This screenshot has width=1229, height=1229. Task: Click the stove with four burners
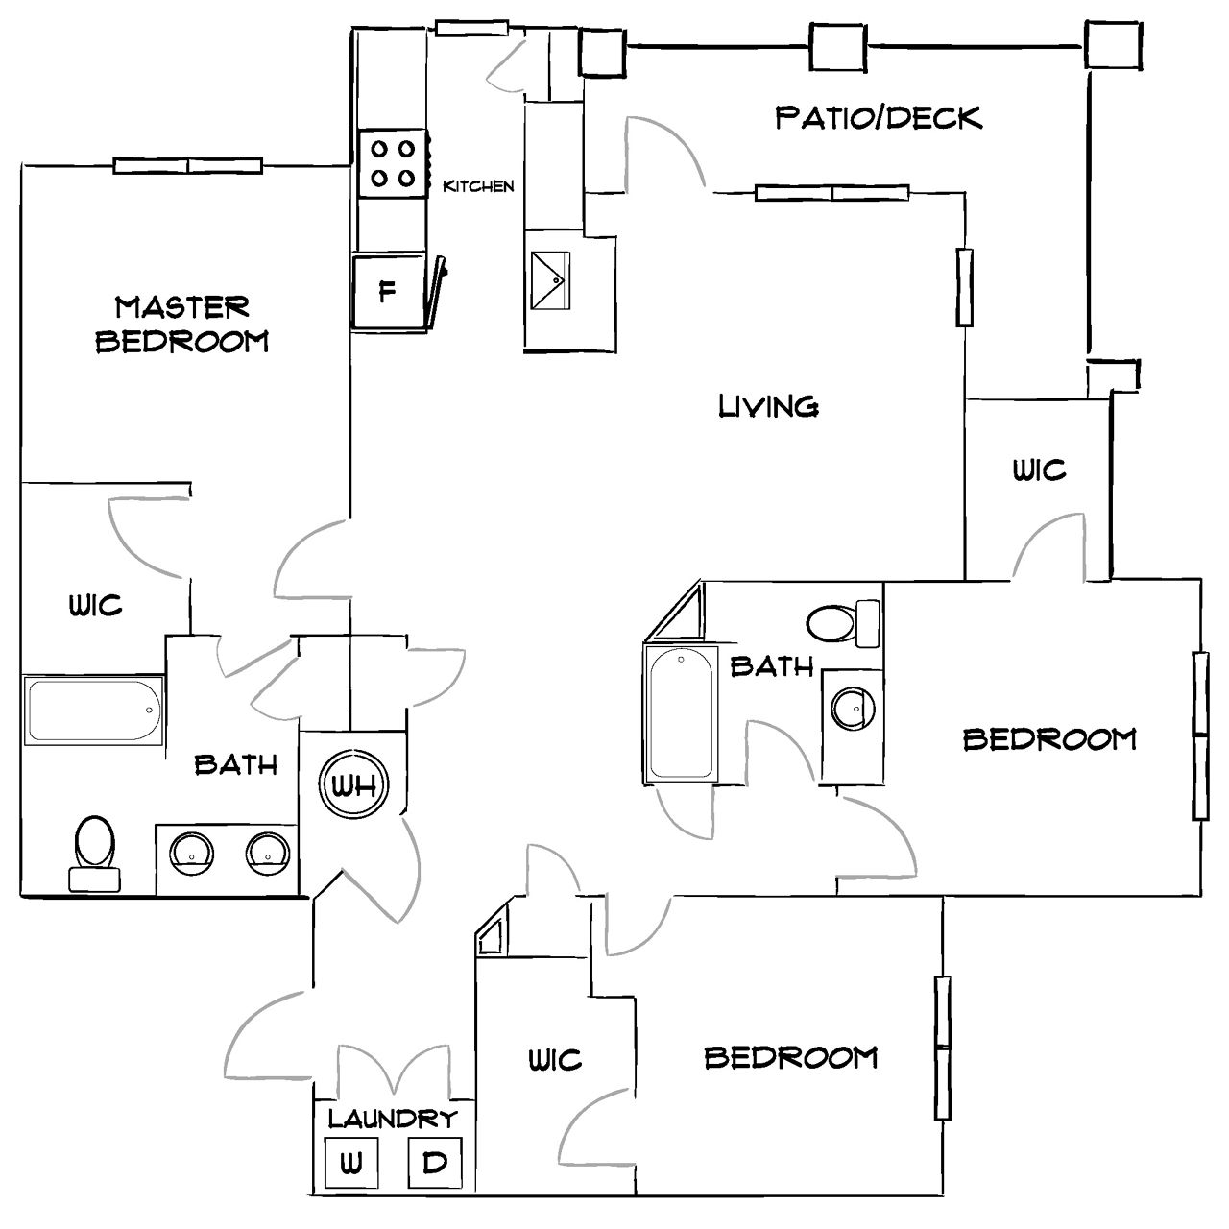coord(393,163)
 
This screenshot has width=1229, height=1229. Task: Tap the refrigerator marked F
coord(388,291)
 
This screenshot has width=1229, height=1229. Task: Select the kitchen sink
coord(550,280)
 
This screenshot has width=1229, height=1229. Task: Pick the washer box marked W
coord(350,1164)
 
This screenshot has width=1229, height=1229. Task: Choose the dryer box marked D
coord(435,1163)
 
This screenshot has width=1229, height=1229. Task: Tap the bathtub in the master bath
coord(94,711)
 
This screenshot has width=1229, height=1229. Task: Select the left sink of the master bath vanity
coord(191,852)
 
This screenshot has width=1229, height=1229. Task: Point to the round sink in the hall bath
coord(852,710)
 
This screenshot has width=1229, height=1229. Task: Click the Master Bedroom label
coord(181,324)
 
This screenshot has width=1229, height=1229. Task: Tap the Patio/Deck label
coord(879,118)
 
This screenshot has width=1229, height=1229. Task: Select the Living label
coord(768,406)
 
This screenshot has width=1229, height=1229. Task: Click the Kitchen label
coord(478,186)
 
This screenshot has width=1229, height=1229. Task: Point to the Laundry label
coord(392,1118)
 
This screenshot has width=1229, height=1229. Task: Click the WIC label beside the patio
coord(1039,470)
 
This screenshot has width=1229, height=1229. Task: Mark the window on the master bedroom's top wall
coord(188,165)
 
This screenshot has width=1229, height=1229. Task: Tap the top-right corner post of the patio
coord(1114,44)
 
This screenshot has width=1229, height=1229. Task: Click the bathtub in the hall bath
coord(681,712)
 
